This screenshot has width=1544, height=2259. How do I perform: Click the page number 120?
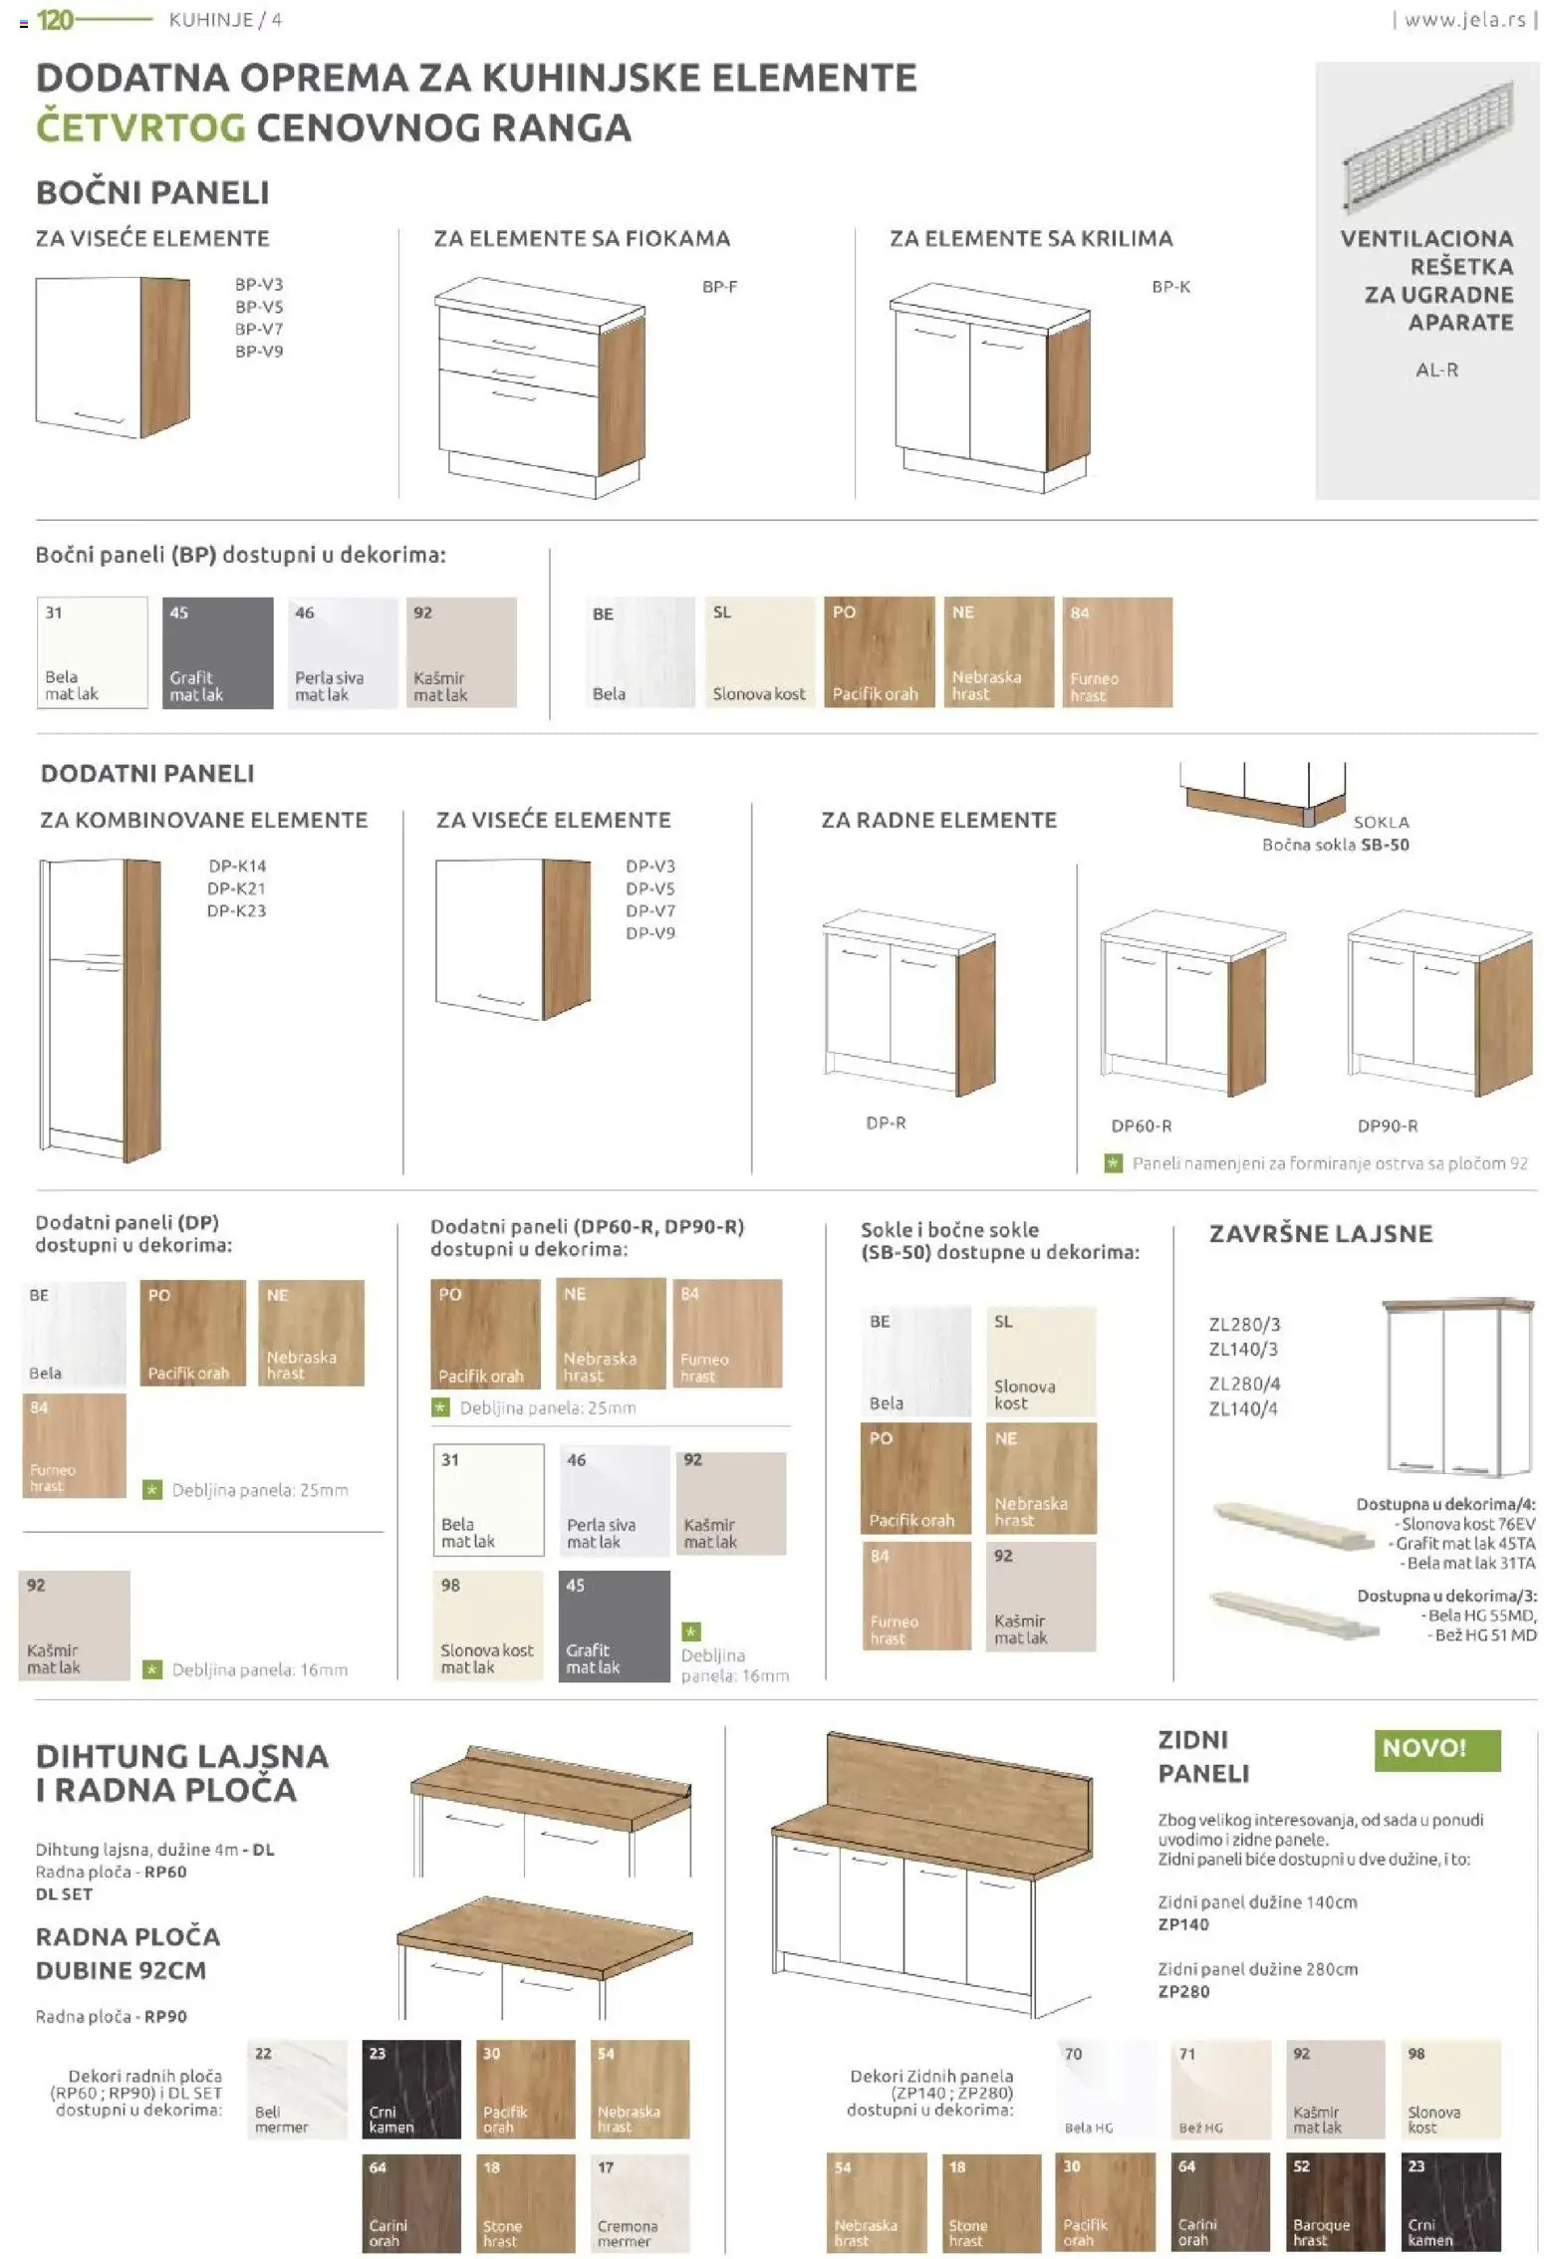coord(54,20)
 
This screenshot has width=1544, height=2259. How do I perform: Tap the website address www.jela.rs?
coord(1463,20)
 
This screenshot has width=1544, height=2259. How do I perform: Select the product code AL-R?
coord(1435,371)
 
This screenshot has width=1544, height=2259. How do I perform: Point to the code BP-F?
coord(719,287)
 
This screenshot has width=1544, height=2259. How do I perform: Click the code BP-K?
coord(1170,287)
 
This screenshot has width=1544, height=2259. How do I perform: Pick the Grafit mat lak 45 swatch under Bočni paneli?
coord(217,652)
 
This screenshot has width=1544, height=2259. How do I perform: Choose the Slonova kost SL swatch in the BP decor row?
coord(759,652)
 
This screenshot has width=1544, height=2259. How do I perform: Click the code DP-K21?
coord(236,888)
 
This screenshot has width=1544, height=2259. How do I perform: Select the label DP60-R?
coord(1141,1127)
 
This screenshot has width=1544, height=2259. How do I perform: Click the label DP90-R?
coord(1387,1127)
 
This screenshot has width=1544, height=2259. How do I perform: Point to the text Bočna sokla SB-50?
coord(1335,845)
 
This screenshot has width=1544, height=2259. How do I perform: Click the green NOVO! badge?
coord(1435,1748)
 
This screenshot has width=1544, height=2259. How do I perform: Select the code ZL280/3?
coord(1243,1325)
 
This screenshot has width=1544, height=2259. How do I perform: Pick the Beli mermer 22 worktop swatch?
coord(297,2089)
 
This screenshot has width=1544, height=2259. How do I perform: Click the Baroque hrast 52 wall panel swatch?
coord(1335,2202)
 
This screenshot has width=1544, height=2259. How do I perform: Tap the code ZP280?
coord(1183,1991)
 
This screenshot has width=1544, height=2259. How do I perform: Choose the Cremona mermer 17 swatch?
coord(640,2202)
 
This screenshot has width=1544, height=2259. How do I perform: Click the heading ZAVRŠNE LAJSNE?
coord(1320,1234)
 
